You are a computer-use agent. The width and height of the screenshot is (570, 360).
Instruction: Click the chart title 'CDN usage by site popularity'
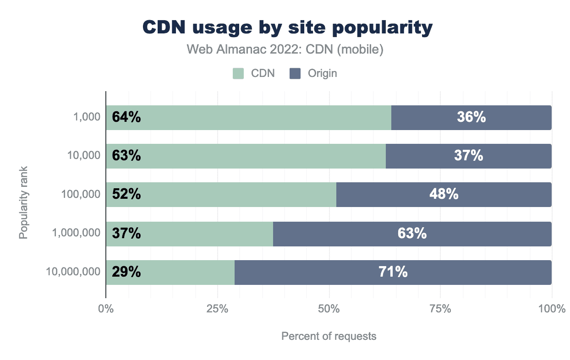pos(287,28)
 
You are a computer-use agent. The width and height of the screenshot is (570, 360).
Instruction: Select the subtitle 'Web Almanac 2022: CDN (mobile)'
pos(285,49)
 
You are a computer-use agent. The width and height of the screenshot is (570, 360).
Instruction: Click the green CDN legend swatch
pos(238,73)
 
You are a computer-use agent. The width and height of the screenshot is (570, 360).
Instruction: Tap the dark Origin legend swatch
pos(295,73)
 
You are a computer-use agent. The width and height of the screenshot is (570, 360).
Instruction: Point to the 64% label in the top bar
pos(126,118)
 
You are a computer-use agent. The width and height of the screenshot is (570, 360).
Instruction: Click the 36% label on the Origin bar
pos(471,118)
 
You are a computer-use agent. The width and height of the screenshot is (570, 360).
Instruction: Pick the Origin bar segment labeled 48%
pos(444,195)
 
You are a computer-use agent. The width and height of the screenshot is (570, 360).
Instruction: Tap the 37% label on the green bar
pos(126,234)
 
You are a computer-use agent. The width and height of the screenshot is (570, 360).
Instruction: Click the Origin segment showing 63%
pos(412,234)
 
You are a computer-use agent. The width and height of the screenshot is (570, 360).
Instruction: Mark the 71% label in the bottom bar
pos(393,273)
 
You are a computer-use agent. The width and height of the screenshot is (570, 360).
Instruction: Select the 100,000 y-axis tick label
pos(81,195)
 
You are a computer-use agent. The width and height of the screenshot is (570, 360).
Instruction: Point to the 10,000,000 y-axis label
pos(73,272)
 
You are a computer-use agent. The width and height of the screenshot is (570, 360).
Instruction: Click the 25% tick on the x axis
pos(217,309)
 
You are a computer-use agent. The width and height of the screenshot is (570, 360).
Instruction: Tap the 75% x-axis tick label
pos(440,309)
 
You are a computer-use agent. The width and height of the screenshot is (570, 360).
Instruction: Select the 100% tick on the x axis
pos(552,309)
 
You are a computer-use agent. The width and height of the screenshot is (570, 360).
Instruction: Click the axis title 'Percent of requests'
pos(329,336)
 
